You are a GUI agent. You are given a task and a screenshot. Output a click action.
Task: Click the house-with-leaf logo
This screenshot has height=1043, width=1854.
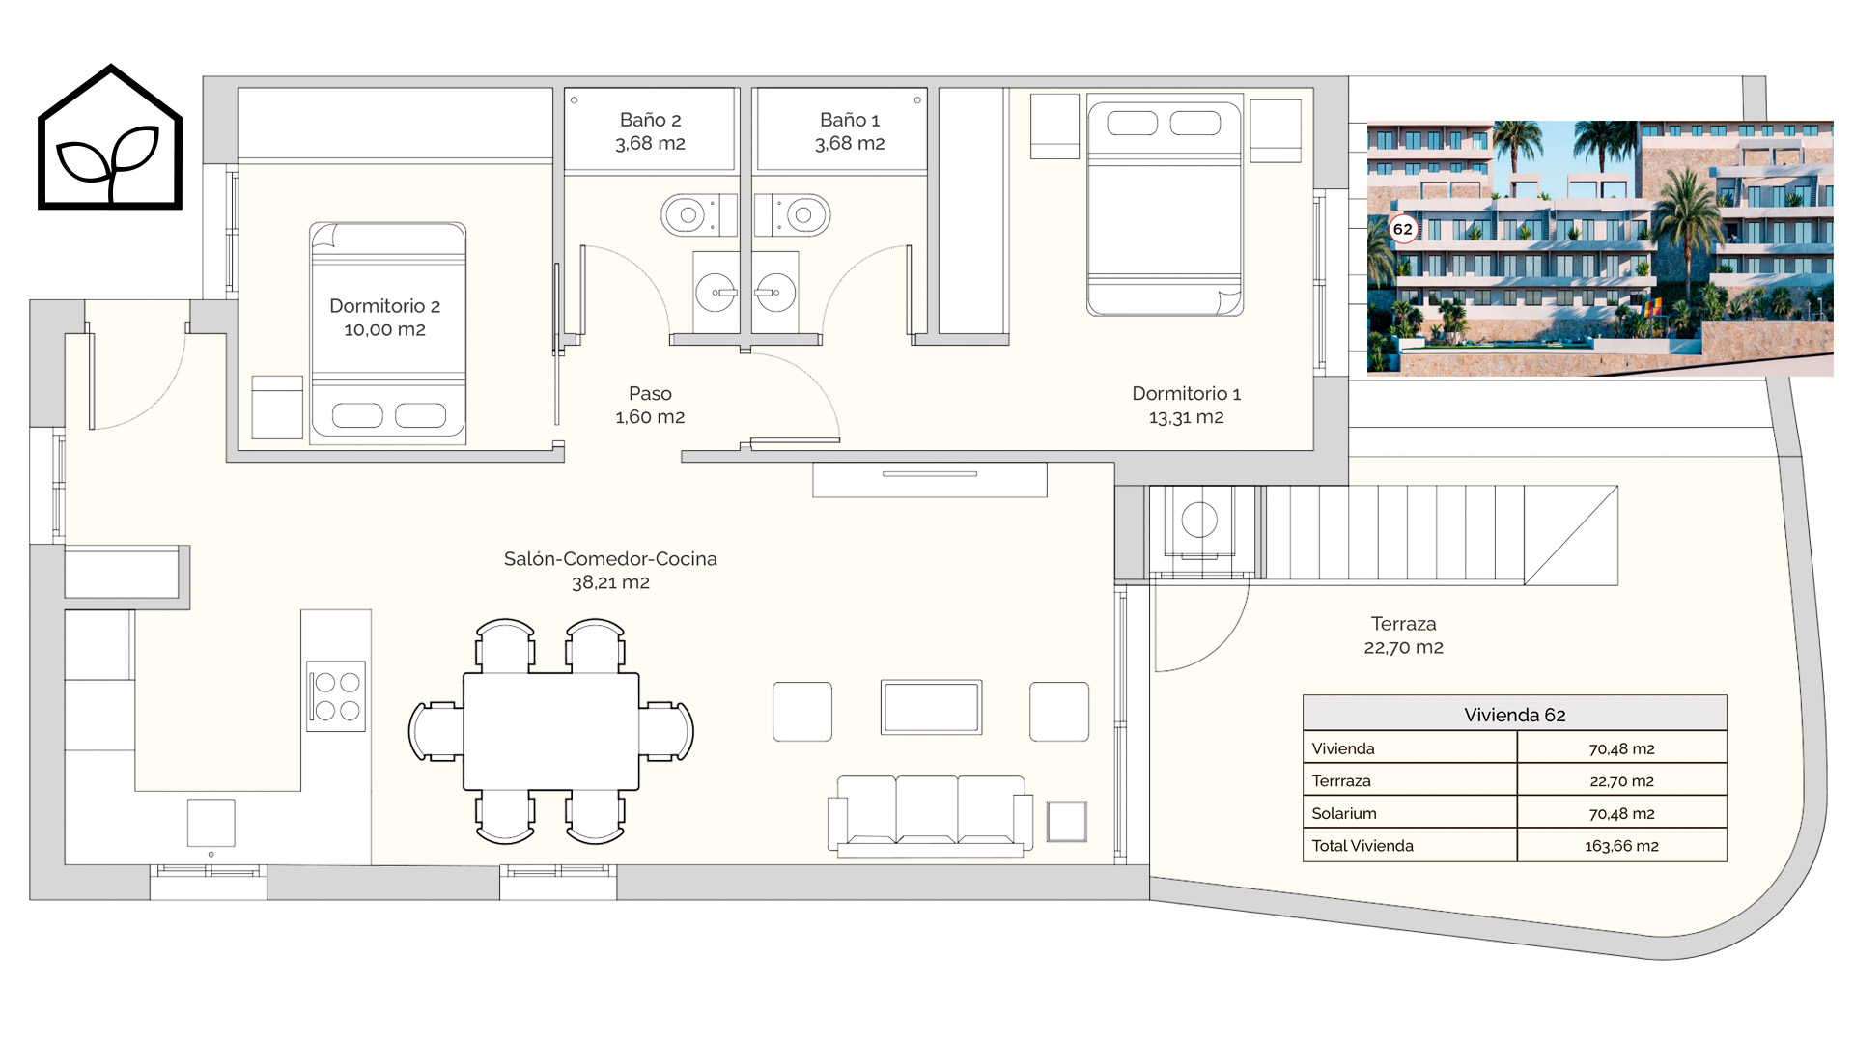click(110, 137)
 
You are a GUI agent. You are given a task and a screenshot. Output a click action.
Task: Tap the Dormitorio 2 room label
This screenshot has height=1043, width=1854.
click(384, 318)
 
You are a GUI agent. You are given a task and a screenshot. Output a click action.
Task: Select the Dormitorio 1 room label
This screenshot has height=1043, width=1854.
click(1186, 406)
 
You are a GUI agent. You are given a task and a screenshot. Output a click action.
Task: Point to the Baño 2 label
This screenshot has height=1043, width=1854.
click(650, 131)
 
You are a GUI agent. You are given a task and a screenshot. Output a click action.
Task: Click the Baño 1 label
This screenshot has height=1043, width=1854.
click(850, 131)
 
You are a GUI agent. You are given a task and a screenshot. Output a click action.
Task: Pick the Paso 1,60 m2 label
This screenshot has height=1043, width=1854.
click(650, 406)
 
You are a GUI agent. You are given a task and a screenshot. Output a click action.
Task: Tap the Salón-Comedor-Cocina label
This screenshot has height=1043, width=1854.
click(610, 571)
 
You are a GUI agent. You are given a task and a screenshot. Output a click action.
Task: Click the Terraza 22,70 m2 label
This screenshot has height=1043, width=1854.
click(1403, 635)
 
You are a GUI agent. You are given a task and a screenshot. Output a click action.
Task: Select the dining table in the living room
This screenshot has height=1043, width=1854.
click(551, 731)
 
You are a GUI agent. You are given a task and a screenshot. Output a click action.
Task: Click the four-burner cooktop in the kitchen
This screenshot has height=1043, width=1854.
click(336, 696)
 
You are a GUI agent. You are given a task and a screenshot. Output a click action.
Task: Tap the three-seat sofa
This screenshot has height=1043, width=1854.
click(931, 815)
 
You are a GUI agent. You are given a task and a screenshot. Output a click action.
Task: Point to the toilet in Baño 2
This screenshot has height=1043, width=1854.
click(698, 214)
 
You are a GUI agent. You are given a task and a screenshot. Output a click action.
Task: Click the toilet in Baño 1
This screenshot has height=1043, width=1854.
click(793, 214)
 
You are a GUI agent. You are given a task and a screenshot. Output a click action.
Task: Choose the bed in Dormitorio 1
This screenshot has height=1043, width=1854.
click(1165, 205)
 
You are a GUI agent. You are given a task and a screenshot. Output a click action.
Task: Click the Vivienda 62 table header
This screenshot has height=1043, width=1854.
click(1514, 715)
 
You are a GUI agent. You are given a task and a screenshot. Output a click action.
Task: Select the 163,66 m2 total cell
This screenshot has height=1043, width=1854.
click(1621, 846)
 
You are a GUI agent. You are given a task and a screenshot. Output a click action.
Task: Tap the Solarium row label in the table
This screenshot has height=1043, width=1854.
click(1344, 813)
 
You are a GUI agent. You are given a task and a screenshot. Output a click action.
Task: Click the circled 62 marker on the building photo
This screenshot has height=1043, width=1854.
click(1402, 229)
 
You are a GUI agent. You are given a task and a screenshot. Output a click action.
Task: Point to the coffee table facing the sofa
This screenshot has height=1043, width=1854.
click(932, 708)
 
